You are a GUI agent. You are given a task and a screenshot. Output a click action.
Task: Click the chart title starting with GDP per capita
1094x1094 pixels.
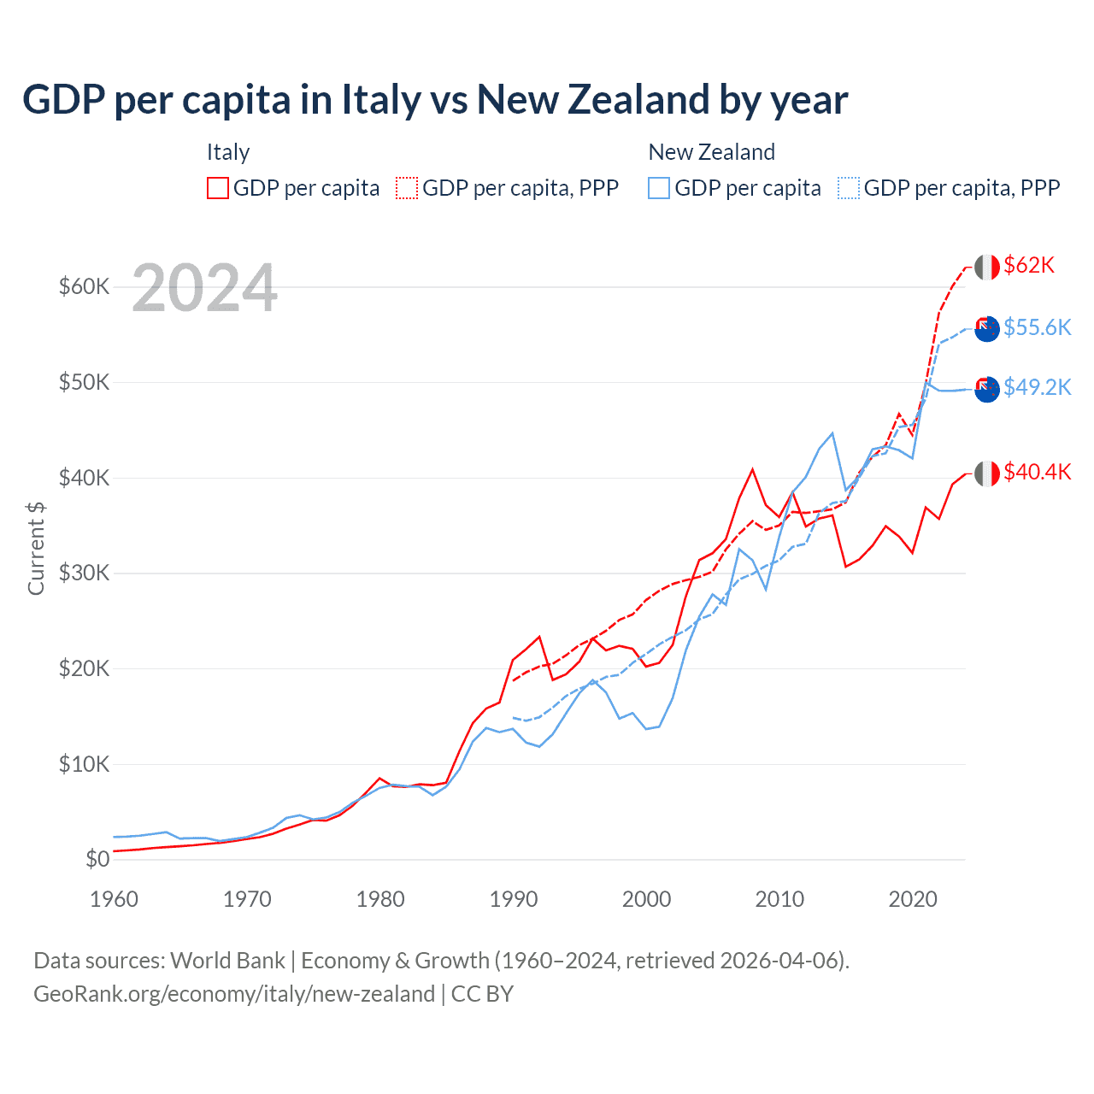pos(435,100)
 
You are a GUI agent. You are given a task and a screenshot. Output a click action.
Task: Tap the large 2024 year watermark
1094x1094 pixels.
pos(205,288)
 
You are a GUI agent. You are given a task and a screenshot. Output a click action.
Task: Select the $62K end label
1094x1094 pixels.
pos(1029,265)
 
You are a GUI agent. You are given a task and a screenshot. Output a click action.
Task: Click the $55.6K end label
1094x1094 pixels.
pos(1037,327)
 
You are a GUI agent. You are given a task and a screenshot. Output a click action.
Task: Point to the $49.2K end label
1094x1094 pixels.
pos(1037,387)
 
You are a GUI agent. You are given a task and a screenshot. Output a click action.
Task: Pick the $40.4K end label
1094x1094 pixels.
pos(1037,472)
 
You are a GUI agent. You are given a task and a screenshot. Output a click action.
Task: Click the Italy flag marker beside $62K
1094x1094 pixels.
pos(987,267)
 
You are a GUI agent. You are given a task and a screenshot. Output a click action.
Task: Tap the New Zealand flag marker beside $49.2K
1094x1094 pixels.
pos(987,389)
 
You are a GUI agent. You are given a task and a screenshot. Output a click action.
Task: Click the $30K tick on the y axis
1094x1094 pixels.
pos(84,573)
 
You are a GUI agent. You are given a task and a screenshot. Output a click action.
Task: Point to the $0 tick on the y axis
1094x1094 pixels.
pos(97,859)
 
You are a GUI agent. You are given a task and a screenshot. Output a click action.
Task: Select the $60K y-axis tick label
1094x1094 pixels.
pos(84,286)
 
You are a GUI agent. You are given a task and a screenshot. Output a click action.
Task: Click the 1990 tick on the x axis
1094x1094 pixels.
pos(514,899)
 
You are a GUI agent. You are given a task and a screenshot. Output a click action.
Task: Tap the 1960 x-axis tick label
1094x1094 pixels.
pos(115,899)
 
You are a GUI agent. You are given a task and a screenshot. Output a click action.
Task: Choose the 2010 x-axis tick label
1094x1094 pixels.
pos(779,899)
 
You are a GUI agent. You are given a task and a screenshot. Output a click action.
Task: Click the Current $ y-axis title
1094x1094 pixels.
pos(36,548)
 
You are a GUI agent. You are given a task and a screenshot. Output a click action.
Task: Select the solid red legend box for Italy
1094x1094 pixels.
pos(218,188)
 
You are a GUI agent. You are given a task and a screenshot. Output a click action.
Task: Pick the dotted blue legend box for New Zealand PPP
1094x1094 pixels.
pos(849,188)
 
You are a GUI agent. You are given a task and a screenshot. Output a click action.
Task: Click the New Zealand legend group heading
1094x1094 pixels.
pos(711,152)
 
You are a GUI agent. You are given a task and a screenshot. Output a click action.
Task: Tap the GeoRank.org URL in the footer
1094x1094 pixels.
pos(234,994)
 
